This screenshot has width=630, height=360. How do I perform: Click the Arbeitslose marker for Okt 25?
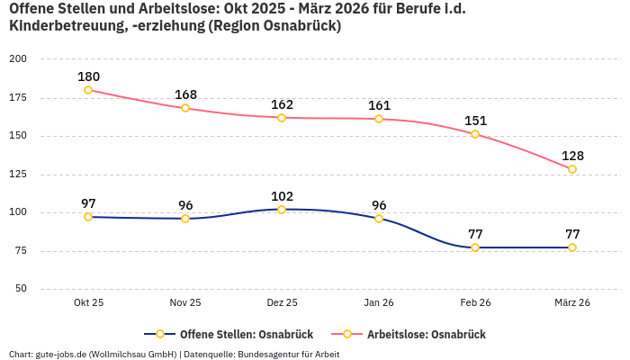[88, 90]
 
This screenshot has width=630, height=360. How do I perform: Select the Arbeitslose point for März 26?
[572, 169]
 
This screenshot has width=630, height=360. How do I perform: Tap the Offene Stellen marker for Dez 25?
[282, 210]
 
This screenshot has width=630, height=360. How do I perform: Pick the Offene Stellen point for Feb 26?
[475, 247]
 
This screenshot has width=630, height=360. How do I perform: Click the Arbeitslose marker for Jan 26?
[379, 119]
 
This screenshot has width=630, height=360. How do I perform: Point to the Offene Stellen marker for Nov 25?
[185, 219]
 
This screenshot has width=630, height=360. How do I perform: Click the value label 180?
[88, 76]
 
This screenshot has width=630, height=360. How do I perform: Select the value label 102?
[282, 196]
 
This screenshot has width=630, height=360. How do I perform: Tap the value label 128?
[572, 156]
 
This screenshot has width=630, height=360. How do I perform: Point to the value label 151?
[475, 121]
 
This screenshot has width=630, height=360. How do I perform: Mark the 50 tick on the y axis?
[21, 289]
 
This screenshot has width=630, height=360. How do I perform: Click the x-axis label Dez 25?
[282, 303]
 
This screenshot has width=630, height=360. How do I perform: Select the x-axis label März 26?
[572, 303]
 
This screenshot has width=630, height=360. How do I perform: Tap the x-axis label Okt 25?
[88, 303]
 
